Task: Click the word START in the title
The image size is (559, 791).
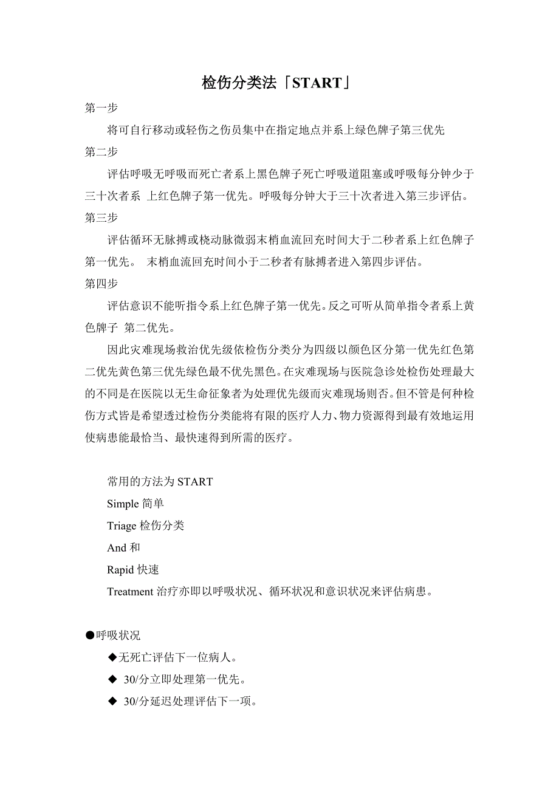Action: pos(317,83)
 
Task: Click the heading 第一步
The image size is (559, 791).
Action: pos(101,108)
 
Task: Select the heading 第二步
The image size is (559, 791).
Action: pos(101,152)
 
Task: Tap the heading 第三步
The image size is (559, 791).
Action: pos(101,217)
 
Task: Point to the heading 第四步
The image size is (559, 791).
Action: pos(101,284)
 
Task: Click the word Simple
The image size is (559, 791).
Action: pos(123,504)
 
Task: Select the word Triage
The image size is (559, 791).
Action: pos(122,526)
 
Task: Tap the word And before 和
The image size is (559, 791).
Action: pos(117,547)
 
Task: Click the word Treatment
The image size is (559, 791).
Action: pos(130,592)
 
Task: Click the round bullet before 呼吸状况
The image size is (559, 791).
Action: pos(90,635)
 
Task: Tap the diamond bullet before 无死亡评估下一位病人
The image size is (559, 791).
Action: pos(112,657)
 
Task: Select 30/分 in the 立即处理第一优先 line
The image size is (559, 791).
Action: pos(136,679)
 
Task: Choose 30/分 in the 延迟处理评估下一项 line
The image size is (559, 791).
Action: pos(136,702)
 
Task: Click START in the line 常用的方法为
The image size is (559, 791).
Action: pos(195,482)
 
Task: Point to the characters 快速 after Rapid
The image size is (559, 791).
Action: pos(148,570)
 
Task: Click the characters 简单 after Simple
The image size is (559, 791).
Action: pos(153,504)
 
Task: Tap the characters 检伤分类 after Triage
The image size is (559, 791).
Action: pos(162,526)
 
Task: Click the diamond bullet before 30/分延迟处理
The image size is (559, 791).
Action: pos(112,702)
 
